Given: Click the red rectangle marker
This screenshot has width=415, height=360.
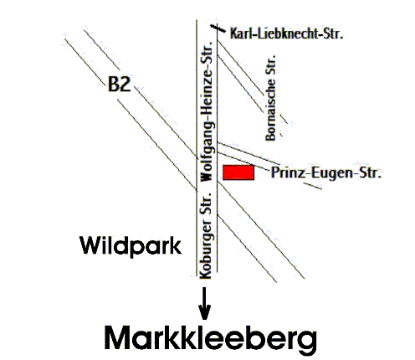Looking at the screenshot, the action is click(x=238, y=172).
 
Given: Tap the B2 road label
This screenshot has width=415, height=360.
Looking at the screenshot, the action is click(x=119, y=84).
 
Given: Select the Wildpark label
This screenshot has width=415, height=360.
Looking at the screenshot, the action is click(x=131, y=246).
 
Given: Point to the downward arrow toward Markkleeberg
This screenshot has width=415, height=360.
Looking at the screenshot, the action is click(x=204, y=303).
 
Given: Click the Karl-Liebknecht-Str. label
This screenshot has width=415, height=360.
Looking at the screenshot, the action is click(x=286, y=33).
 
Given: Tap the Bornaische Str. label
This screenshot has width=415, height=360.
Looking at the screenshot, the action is click(x=270, y=98).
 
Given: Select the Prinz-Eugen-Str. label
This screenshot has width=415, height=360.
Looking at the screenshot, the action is click(x=326, y=172).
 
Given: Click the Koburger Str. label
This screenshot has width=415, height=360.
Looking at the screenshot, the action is click(x=206, y=235).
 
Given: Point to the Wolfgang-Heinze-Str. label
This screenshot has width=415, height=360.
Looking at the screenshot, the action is click(x=207, y=111).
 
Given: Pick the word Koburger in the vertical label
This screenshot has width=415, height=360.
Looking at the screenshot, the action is click(x=207, y=249).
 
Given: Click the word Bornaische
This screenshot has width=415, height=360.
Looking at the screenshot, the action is click(x=270, y=110).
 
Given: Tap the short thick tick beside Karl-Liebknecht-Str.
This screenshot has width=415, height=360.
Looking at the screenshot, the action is click(x=218, y=28).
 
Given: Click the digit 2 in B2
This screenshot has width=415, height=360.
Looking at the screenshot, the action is click(x=126, y=84).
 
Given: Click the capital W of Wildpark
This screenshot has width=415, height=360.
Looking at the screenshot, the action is click(x=91, y=245).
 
